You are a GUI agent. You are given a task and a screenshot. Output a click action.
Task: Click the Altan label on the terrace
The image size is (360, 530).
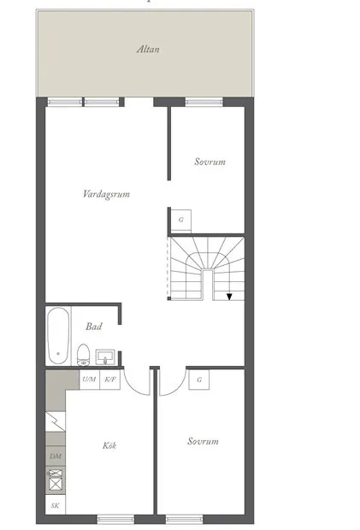click(148, 50)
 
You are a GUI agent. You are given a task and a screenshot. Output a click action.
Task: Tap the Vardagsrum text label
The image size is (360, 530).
click(107, 194)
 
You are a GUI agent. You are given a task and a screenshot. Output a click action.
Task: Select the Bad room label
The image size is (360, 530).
click(94, 327)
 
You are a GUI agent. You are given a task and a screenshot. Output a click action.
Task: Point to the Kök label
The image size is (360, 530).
click(109, 445)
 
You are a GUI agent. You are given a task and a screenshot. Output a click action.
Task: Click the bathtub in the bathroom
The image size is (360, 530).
click(58, 336)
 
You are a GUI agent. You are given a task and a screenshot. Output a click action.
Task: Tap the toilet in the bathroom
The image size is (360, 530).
click(83, 355)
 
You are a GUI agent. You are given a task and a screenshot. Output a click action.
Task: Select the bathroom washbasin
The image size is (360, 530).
click(105, 357)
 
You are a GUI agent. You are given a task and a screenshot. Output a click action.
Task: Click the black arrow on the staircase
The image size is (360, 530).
click(229, 297)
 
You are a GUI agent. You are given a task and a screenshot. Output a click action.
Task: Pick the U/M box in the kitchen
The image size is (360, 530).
click(89, 380)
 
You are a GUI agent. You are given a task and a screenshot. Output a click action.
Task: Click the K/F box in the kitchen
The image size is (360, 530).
click(110, 380)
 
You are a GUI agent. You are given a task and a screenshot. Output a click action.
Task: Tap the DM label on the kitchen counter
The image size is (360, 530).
click(56, 456)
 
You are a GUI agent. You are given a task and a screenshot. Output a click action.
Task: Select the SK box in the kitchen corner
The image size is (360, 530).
click(56, 505)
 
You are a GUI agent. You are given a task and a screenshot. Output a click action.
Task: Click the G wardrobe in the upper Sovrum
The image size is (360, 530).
click(180, 220)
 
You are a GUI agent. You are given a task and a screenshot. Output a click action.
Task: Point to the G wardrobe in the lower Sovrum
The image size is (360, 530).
click(199, 380)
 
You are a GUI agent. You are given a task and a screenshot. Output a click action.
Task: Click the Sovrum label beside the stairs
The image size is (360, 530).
click(210, 162)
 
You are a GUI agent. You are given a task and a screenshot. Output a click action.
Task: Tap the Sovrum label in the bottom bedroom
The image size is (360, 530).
click(203, 441)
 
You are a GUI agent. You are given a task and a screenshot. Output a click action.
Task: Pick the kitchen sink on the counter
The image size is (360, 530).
click(56, 480)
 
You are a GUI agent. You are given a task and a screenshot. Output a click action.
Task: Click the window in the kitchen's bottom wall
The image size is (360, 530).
click(116, 519)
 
